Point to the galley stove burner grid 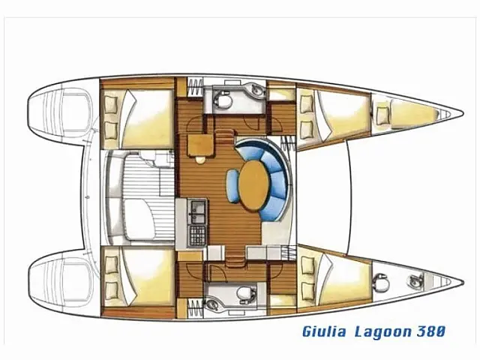tap(198, 235)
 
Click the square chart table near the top tap(200, 141)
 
